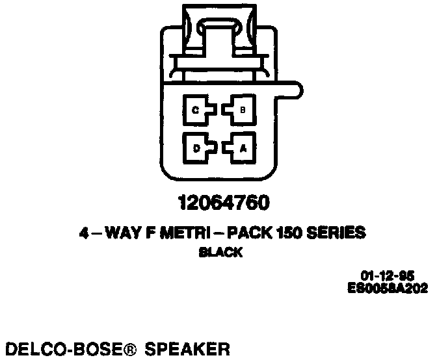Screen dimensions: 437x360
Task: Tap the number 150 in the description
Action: [x=289, y=232]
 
